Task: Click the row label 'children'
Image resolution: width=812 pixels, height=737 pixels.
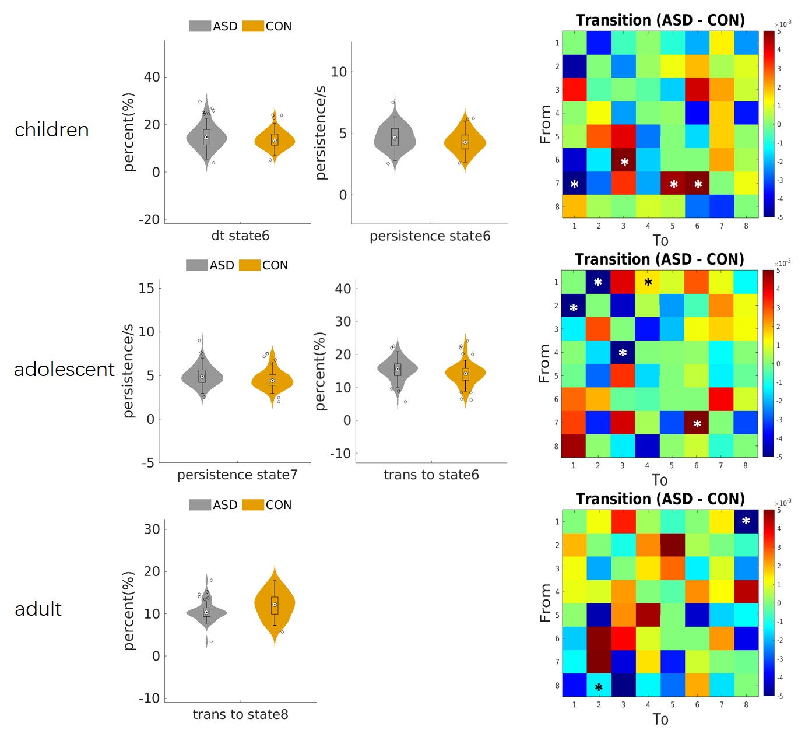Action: pos(52,129)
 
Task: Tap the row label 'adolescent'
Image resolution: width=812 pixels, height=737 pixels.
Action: pos(64,369)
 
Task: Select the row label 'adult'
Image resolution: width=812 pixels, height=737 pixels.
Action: pos(38,609)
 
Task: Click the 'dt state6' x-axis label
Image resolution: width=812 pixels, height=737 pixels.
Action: pos(240,236)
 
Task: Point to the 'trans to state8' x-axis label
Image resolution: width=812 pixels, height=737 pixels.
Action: pos(240,714)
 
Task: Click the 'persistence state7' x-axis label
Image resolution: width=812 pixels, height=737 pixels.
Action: pos(237,475)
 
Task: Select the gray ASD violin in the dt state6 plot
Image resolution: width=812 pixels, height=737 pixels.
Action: pos(206,138)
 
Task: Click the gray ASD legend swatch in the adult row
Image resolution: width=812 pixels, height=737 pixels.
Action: pos(199,505)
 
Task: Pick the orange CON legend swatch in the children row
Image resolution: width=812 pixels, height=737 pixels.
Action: pos(253,26)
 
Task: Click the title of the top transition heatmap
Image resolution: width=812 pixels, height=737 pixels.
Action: pos(660,20)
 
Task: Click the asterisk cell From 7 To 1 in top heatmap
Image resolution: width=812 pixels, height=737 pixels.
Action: pos(574,184)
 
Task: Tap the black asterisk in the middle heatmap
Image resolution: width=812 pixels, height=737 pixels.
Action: pos(648,283)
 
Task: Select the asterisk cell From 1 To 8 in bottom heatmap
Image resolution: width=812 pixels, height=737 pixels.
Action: pos(746,521)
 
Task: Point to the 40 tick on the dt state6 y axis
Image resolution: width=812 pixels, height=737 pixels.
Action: pos(152,77)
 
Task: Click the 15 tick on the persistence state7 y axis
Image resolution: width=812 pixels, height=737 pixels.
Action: pos(146,288)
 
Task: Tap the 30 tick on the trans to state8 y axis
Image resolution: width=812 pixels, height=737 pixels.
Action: pos(152,529)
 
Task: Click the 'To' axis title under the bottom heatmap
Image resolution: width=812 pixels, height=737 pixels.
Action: pos(660,720)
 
